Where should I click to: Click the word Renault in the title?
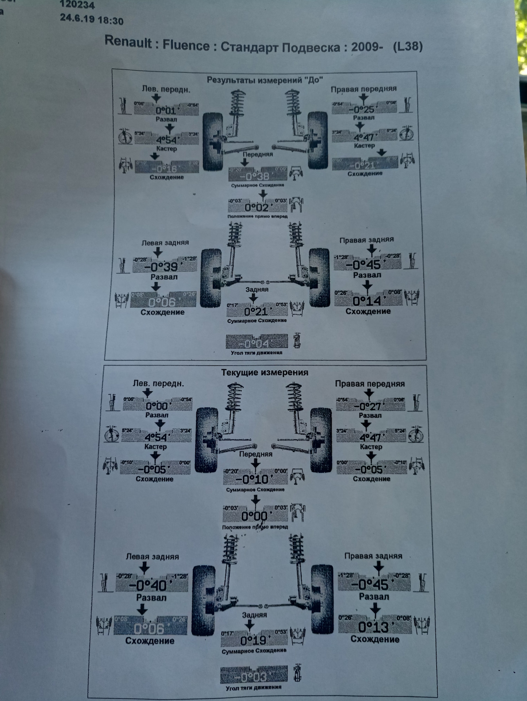pyautogui.click(x=128, y=42)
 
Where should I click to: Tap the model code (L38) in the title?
pyautogui.click(x=408, y=47)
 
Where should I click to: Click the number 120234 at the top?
pyautogui.click(x=77, y=5)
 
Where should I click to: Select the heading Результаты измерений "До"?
pyautogui.click(x=265, y=80)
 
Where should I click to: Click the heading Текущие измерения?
pyautogui.click(x=265, y=372)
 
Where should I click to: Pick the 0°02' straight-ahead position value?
pyautogui.click(x=257, y=208)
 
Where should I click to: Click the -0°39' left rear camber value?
pyautogui.click(x=161, y=267)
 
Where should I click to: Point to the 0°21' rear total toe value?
pyautogui.click(x=256, y=311)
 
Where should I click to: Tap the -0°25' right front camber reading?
pyautogui.click(x=363, y=109)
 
